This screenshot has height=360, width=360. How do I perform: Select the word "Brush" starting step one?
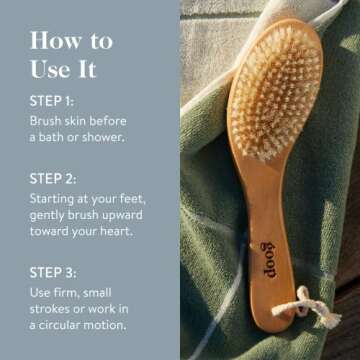(x=46, y=119)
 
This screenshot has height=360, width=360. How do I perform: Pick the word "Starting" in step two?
(x=54, y=199)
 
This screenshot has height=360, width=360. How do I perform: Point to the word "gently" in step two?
(x=49, y=216)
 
